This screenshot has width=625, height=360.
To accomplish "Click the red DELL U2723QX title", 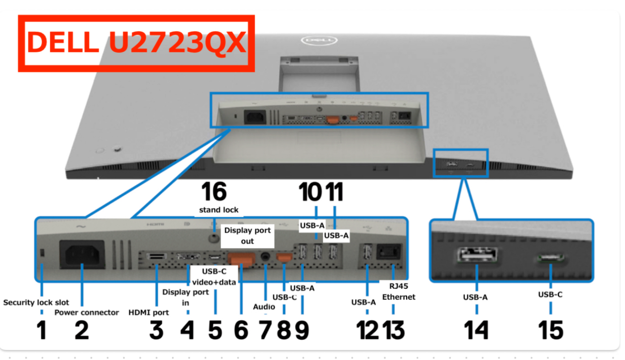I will click(x=136, y=43).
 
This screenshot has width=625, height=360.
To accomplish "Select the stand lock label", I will click(x=218, y=210).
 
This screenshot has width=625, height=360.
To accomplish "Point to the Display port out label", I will click(x=247, y=236).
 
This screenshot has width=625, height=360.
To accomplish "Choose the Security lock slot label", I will click(x=36, y=302).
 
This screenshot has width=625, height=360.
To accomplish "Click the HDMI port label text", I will click(x=149, y=313).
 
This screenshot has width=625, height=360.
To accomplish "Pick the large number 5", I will click(x=215, y=330).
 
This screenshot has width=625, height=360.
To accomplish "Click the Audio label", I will click(x=264, y=307).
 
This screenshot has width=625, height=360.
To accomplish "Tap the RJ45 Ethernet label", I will click(x=398, y=292).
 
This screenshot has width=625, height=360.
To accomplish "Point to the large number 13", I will click(x=394, y=330).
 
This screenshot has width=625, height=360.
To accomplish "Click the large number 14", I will click(x=477, y=330).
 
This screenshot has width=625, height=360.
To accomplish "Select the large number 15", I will click(x=550, y=330).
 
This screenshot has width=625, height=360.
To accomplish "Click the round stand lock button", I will click(x=214, y=238).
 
